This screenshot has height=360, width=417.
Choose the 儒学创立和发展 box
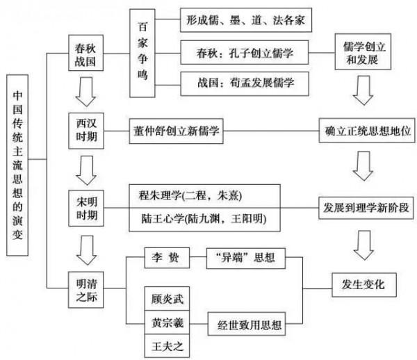(361, 52)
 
